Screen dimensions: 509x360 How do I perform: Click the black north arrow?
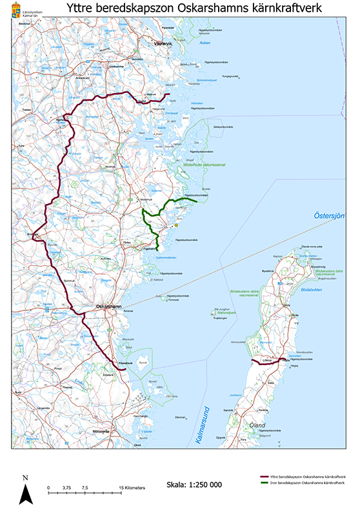[x=25, y=494]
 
